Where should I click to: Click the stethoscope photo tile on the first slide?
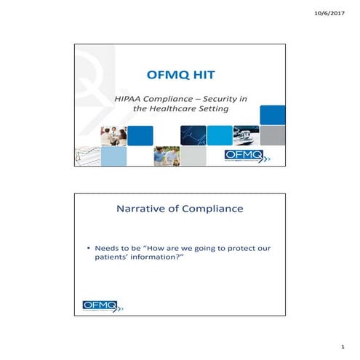coord(247,135)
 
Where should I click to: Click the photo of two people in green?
coord(166,156)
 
